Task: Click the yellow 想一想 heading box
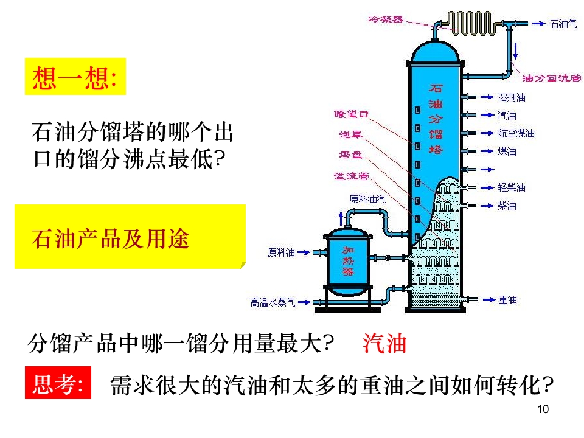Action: point(75,77)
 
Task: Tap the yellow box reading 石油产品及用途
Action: point(130,237)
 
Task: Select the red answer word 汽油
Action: point(384,344)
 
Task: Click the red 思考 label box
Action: point(58,383)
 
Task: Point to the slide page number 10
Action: point(544,409)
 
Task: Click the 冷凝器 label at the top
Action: point(386,19)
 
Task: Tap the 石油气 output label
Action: point(563,24)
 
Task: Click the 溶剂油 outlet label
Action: point(512,97)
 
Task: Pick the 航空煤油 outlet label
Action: point(516,133)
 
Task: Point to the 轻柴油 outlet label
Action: point(512,187)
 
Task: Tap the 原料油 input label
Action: point(281,252)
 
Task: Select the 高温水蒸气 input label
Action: point(273,302)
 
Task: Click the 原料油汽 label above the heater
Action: point(367,198)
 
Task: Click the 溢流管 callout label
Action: point(350,176)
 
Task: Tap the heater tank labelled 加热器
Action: point(348,261)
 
